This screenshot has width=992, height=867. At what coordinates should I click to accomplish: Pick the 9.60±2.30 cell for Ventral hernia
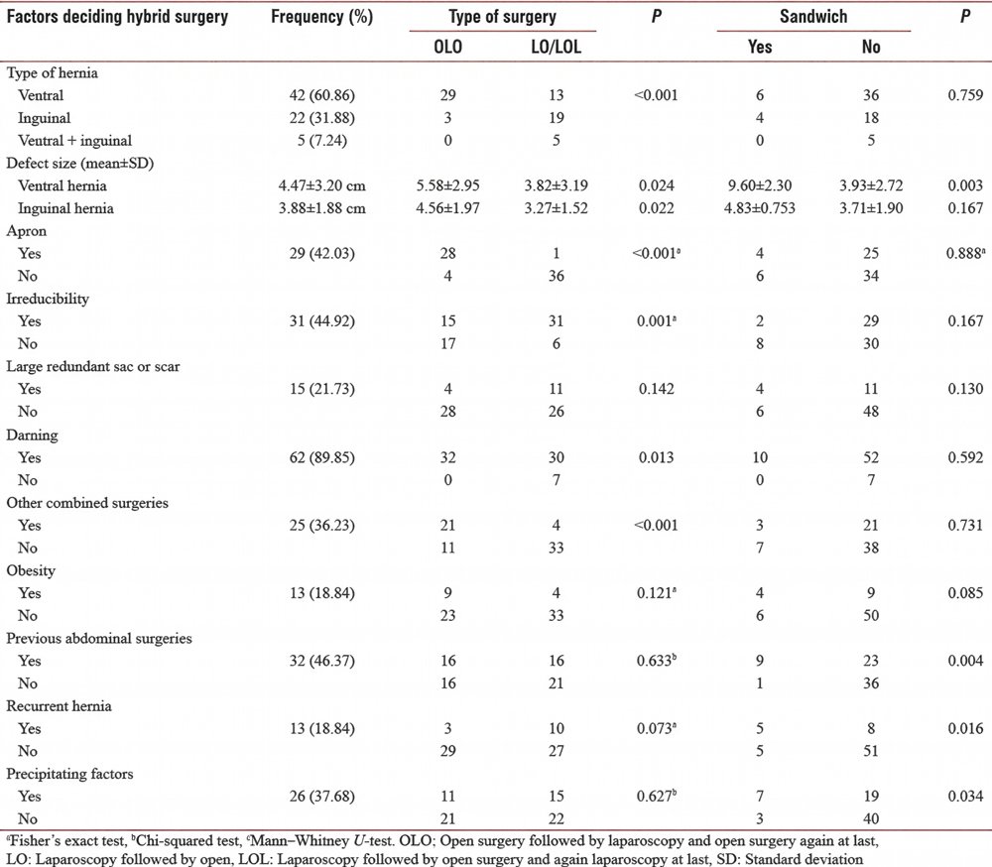point(763,186)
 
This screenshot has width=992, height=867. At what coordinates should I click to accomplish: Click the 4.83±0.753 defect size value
point(763,208)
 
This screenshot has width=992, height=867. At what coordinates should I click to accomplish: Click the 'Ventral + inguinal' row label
point(74,140)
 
